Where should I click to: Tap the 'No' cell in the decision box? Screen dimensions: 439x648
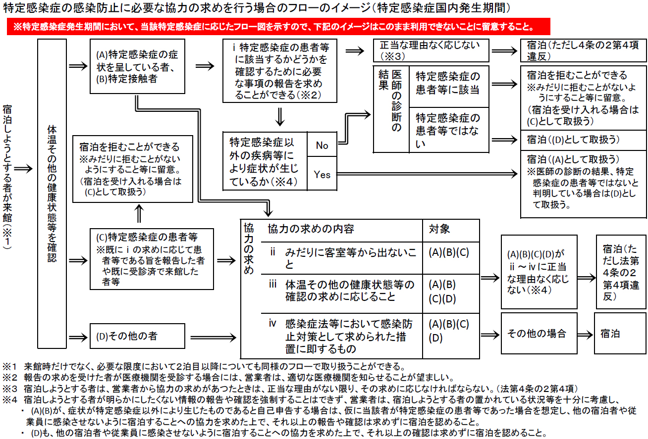322,145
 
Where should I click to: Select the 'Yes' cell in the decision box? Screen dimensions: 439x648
322,174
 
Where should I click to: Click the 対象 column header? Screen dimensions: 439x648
439,229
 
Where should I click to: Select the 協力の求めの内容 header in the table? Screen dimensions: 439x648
311,229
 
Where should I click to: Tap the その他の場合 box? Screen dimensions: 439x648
537,333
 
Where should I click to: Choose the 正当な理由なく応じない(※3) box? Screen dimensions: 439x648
431,50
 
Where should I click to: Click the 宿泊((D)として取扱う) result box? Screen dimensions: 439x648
583,140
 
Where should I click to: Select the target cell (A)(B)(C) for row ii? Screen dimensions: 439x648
448,252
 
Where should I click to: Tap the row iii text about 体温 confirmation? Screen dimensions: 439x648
342,291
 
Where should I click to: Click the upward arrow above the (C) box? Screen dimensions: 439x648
139,214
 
